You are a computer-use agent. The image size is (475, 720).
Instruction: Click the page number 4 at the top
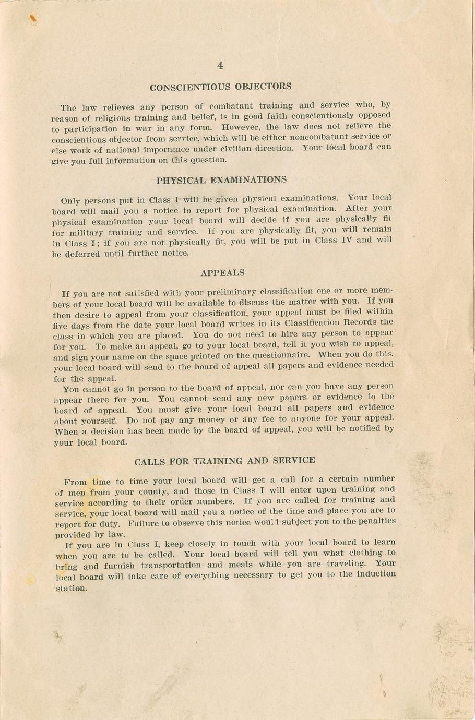tap(220, 66)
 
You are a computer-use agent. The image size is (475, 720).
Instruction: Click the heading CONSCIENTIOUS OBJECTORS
tap(220, 87)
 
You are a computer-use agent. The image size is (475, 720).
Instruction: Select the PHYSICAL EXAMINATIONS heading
tap(221, 180)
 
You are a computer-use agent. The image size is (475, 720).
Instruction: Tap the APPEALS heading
tap(222, 273)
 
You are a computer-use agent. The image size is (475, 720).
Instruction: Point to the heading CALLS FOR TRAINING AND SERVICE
tap(224, 461)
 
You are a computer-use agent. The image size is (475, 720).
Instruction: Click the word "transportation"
tap(170, 565)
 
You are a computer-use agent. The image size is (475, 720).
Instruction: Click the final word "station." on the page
tap(72, 588)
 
